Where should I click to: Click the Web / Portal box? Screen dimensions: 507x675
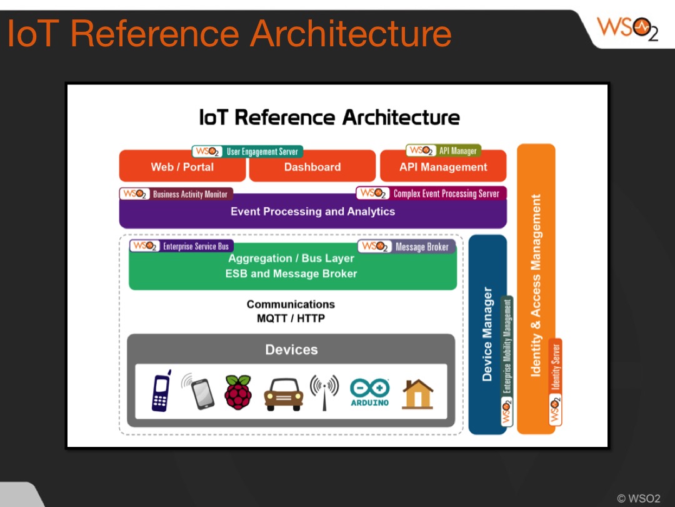pyautogui.click(x=182, y=167)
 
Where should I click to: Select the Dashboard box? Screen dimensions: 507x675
pyautogui.click(x=312, y=167)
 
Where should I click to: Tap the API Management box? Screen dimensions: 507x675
pyautogui.click(x=443, y=167)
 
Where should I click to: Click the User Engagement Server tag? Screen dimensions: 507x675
pyautogui.click(x=247, y=151)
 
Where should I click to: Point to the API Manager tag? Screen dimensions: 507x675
pyautogui.click(x=443, y=150)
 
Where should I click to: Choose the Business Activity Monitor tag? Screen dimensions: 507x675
pyautogui.click(x=176, y=194)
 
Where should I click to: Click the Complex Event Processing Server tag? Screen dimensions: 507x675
pyautogui.click(x=431, y=193)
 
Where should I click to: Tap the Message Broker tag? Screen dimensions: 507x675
pyautogui.click(x=407, y=247)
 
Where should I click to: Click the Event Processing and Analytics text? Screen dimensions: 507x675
pyautogui.click(x=312, y=212)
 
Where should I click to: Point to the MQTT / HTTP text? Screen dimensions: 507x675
pyautogui.click(x=291, y=318)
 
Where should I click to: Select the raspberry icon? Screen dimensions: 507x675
pyautogui.click(x=237, y=392)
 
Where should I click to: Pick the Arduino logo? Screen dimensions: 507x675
pyautogui.click(x=369, y=392)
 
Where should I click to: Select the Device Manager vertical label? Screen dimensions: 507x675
pyautogui.click(x=487, y=334)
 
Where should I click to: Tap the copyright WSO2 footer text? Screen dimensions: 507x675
pyautogui.click(x=638, y=498)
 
